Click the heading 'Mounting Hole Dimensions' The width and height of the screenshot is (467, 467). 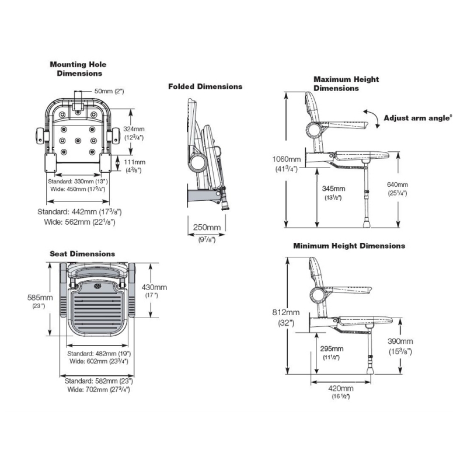click(x=78, y=69)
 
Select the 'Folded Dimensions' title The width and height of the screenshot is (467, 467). click(x=205, y=86)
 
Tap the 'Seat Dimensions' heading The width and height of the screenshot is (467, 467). click(x=82, y=254)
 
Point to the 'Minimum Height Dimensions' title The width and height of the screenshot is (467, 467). click(x=349, y=246)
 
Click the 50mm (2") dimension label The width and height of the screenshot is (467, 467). click(x=109, y=91)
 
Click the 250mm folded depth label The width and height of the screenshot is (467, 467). click(x=207, y=228)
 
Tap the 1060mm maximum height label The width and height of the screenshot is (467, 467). click(x=286, y=159)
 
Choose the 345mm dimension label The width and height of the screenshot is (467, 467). click(x=333, y=189)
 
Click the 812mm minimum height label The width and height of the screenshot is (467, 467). click(x=286, y=312)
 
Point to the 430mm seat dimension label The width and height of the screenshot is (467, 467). click(x=155, y=287)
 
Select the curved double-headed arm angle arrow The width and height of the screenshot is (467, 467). click(x=369, y=114)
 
